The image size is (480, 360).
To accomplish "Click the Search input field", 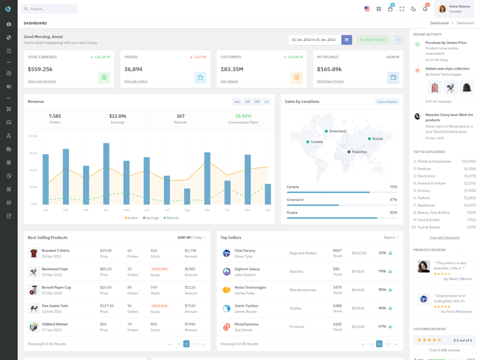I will [x=51, y=9].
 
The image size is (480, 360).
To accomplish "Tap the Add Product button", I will [x=373, y=40].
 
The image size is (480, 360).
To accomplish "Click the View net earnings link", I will [x=41, y=81].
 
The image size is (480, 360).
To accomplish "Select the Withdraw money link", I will [x=330, y=81].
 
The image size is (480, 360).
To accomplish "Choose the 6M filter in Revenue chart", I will [x=257, y=102].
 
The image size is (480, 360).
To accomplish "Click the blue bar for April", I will [x=106, y=174].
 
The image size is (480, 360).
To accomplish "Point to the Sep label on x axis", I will [x=207, y=210].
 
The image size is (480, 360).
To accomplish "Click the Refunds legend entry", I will [x=172, y=218].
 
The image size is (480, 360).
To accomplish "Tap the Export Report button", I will [x=387, y=102].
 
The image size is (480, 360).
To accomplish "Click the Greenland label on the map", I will [x=337, y=131].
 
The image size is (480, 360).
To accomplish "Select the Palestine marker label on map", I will [x=359, y=152].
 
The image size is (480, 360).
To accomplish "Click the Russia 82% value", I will [x=393, y=212].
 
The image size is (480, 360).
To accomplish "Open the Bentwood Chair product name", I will [x=55, y=269].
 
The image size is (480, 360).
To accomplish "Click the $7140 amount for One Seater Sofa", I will [x=190, y=306].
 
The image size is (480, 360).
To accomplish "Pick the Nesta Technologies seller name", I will [x=250, y=287].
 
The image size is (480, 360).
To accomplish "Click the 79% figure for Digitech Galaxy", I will [x=382, y=271].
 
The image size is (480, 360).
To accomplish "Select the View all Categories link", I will [x=444, y=238].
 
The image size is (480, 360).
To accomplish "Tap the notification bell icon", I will [x=425, y=9].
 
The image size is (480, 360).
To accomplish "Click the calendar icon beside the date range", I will [x=346, y=40].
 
